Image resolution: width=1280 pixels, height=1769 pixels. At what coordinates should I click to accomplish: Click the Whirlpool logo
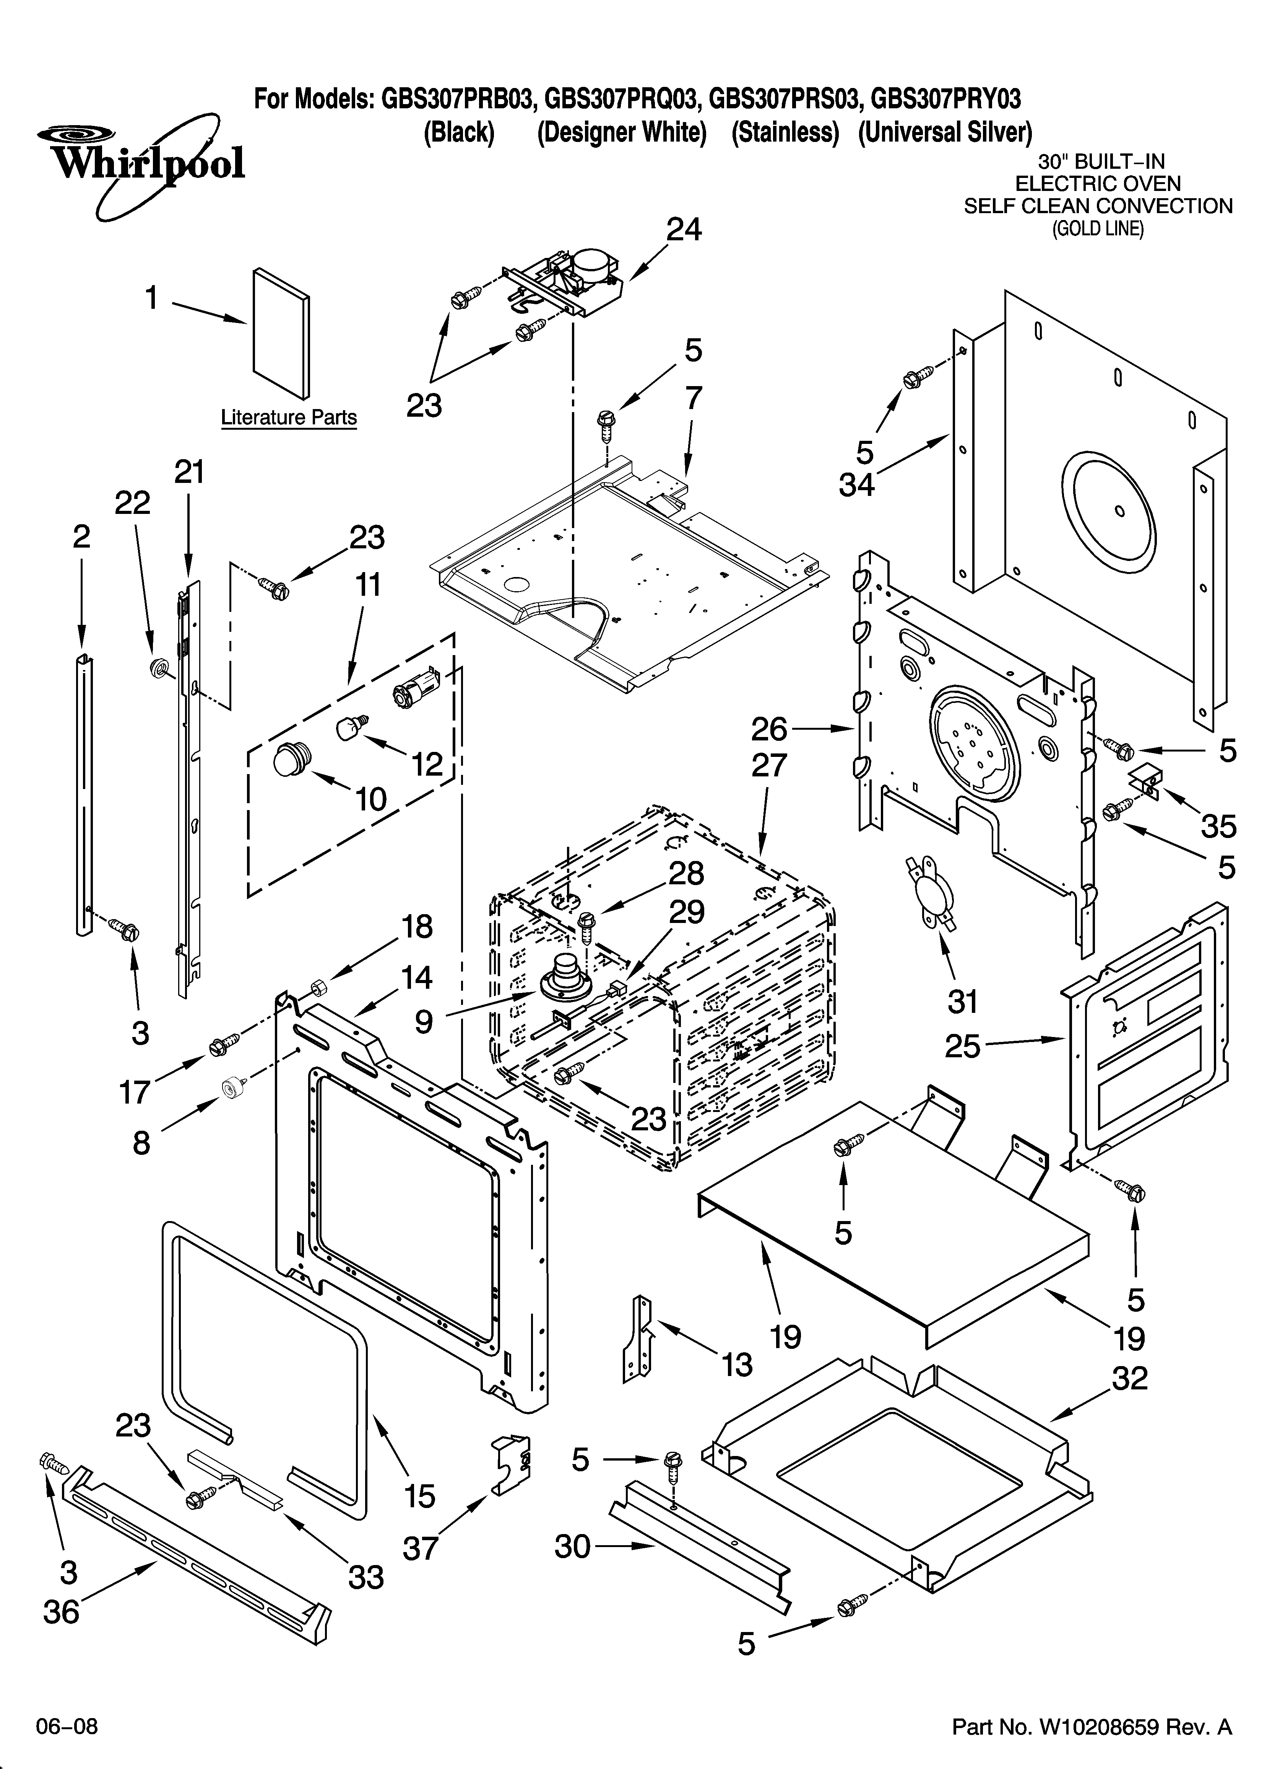pos(140,164)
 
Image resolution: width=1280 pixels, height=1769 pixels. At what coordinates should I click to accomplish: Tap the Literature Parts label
pos(288,417)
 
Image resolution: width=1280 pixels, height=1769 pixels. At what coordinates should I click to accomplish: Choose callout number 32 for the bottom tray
pos(1129,1379)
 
